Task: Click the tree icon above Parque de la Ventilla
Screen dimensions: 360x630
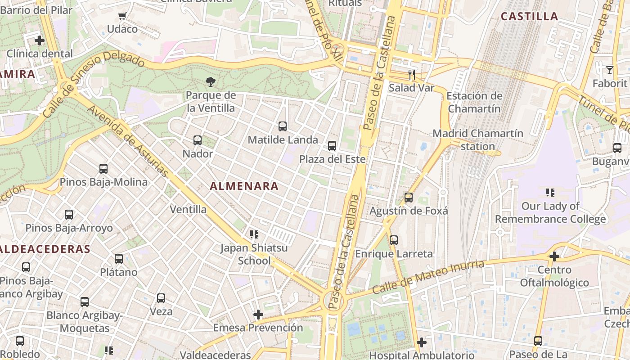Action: pyautogui.click(x=210, y=81)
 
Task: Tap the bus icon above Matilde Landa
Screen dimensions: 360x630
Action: pyautogui.click(x=283, y=126)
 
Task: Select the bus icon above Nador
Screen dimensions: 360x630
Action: pyautogui.click(x=198, y=140)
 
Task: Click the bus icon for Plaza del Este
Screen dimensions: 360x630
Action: pyautogui.click(x=332, y=146)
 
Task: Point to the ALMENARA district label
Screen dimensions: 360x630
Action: pyautogui.click(x=244, y=186)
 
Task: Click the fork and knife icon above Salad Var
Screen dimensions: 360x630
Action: pyautogui.click(x=411, y=74)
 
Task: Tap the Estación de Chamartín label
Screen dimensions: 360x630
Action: pyautogui.click(x=474, y=102)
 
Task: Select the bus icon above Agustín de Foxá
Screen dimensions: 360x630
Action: pyautogui.click(x=409, y=198)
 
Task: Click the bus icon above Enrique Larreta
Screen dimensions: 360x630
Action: pyautogui.click(x=394, y=240)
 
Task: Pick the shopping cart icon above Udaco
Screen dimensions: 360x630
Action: pyautogui.click(x=122, y=16)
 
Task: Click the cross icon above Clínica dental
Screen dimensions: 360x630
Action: pyautogui.click(x=40, y=40)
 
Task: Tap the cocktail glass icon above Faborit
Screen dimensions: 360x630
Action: pyautogui.click(x=609, y=70)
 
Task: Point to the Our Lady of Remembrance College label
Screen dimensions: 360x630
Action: pyautogui.click(x=550, y=212)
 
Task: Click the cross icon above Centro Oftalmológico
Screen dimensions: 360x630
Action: pyautogui.click(x=554, y=256)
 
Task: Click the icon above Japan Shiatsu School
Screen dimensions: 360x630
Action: pyautogui.click(x=254, y=234)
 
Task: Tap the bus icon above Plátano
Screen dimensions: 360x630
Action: pyautogui.click(x=119, y=259)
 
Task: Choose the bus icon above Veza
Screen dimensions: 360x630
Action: pyautogui.click(x=161, y=298)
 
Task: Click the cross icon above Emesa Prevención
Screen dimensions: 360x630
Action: pyautogui.click(x=258, y=314)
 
